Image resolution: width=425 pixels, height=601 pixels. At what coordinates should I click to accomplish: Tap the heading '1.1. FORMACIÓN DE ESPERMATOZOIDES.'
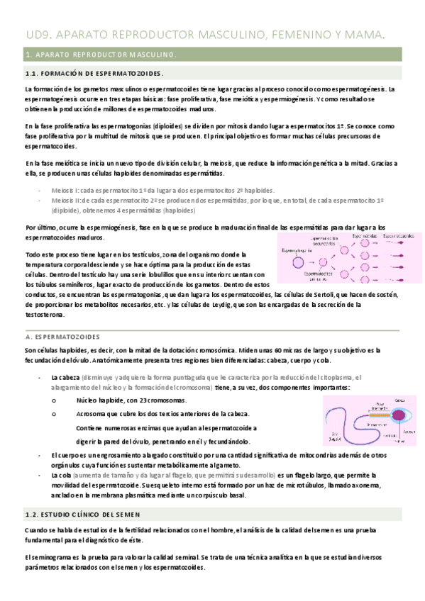pos(94,74)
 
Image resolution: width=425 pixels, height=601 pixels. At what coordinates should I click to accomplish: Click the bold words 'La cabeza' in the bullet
pos(65,377)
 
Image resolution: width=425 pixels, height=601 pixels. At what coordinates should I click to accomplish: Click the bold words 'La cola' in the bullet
pos(62,474)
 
